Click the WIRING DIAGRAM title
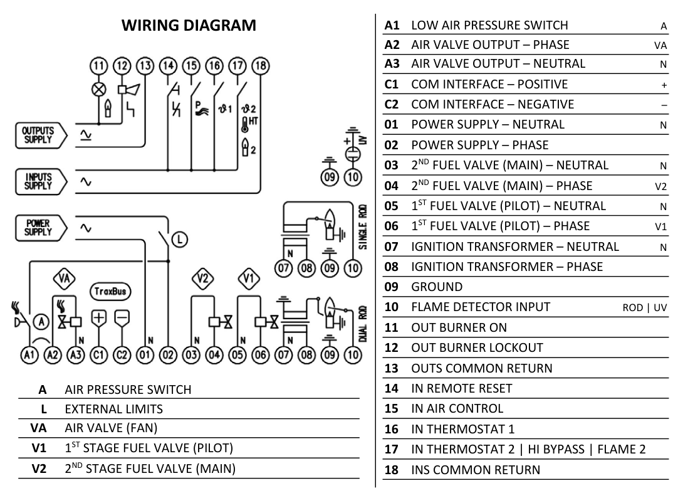(189, 26)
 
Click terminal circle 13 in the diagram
(145, 66)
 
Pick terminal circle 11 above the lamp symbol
(98, 66)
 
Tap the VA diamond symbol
(63, 277)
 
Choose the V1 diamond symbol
(248, 277)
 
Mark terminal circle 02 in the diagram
(168, 355)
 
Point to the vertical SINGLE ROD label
(363, 226)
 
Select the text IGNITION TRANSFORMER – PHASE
(506, 267)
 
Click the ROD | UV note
(644, 307)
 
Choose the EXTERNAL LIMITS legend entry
(113, 409)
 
